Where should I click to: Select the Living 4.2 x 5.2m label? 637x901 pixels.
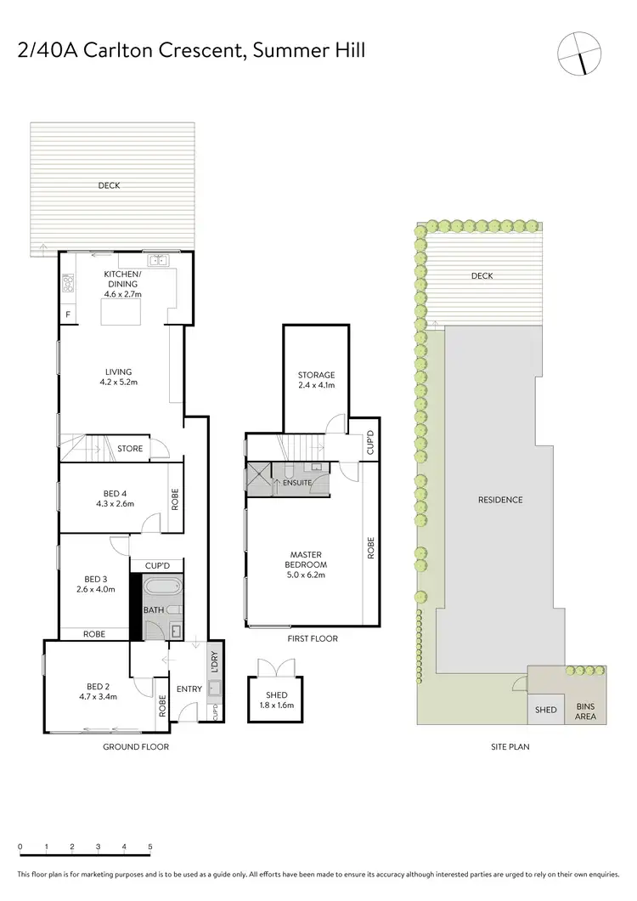[118, 377]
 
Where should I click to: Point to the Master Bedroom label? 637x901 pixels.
[307, 564]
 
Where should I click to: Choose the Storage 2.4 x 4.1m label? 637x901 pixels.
[316, 380]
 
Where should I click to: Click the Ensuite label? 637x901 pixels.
[298, 483]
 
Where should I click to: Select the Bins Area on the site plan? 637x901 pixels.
[586, 711]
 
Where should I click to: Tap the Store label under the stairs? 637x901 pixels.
[130, 448]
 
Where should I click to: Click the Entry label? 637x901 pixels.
[189, 688]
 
